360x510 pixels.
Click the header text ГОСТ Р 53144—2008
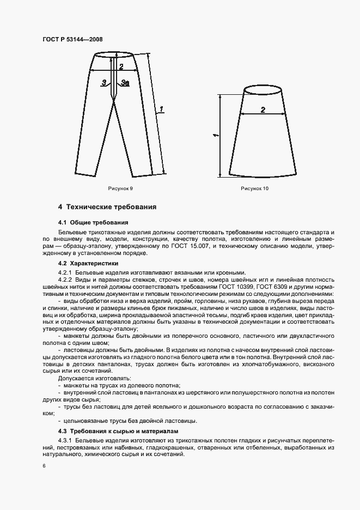click(x=72, y=40)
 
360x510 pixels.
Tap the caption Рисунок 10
click(x=255, y=188)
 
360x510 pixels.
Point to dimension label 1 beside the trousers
click(x=162, y=110)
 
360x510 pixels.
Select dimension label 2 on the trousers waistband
click(x=121, y=68)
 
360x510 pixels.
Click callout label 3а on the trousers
click(x=125, y=83)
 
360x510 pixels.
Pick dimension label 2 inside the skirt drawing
click(x=263, y=110)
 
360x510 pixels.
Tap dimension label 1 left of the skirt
click(x=216, y=134)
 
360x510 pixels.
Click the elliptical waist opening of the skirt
click(x=263, y=89)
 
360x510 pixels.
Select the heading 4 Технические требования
click(x=108, y=207)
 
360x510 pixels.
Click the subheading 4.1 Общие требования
click(x=93, y=222)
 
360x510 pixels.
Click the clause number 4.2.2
click(x=65, y=280)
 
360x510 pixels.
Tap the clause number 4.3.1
click(x=65, y=440)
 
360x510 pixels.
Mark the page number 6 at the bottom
click(x=44, y=466)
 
